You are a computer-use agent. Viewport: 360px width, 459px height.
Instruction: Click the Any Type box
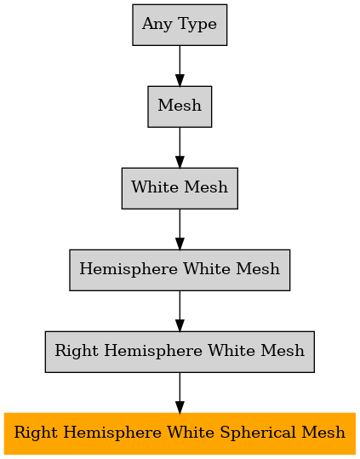tap(180, 25)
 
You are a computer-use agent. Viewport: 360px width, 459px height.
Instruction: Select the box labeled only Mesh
tap(180, 106)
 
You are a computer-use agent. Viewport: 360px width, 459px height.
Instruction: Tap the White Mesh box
tap(180, 188)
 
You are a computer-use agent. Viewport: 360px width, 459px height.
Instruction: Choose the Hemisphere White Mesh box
tap(180, 270)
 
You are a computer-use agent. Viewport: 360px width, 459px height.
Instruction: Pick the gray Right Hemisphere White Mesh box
tap(180, 352)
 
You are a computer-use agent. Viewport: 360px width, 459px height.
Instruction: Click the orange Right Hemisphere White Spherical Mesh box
tap(180, 433)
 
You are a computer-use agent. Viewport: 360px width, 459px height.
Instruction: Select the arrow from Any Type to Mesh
tap(180, 66)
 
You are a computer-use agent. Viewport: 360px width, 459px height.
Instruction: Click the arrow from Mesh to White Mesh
tap(180, 147)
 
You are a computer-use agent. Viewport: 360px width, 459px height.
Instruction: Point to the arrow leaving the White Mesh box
tap(180, 230)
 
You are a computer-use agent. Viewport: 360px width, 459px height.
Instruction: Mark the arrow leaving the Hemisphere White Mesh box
tap(180, 311)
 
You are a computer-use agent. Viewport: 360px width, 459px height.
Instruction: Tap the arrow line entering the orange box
tap(180, 393)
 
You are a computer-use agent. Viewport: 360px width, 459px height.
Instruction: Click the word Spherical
tap(259, 433)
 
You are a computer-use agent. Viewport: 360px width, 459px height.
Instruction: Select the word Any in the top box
tap(157, 25)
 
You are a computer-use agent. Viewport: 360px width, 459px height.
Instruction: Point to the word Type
tap(197, 25)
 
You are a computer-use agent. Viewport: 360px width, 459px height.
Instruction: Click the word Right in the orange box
tap(37, 433)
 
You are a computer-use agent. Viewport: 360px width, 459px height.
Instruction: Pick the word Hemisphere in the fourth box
tap(129, 269)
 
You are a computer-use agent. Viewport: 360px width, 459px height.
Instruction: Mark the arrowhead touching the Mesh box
tap(180, 80)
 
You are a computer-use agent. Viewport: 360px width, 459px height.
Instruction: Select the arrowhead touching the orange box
tap(180, 407)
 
